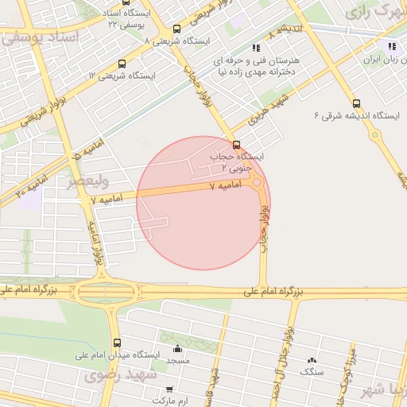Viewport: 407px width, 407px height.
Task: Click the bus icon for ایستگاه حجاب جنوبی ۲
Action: point(235,144)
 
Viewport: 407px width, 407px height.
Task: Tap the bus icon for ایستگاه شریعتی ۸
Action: point(176,29)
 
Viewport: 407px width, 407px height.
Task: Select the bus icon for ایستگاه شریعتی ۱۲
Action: point(121,64)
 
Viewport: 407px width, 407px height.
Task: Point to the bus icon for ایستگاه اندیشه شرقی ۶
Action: point(355,103)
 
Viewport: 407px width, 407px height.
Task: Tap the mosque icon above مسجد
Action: point(177,349)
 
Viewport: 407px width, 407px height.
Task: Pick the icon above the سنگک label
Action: point(312,360)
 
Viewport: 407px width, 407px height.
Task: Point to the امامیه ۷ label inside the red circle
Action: point(223,185)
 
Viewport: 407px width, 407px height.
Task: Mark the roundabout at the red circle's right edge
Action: point(257,184)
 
